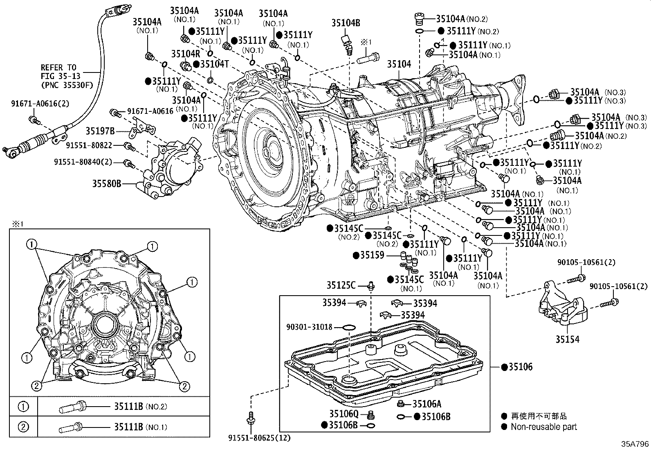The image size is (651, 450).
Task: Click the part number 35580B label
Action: [106, 184]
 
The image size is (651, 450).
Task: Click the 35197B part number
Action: [100, 131]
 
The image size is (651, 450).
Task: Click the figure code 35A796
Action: [635, 444]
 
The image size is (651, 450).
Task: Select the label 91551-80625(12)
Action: [259, 438]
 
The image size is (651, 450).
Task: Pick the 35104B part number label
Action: [346, 23]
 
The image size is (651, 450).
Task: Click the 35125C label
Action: [341, 285]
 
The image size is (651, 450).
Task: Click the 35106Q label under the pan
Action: [344, 414]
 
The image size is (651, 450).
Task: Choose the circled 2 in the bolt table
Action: [23, 427]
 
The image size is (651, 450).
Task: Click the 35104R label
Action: [185, 54]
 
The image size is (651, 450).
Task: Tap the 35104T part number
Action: [214, 64]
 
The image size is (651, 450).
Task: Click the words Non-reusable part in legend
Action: [543, 427]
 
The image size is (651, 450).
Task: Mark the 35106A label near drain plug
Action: [427, 404]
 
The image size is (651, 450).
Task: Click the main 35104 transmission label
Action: [399, 64]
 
